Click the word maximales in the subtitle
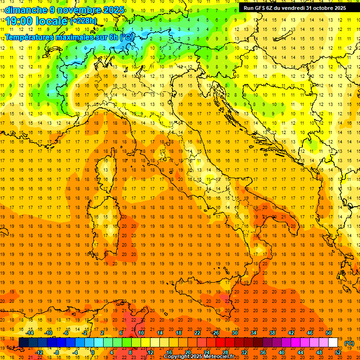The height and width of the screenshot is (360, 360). coord(72,37)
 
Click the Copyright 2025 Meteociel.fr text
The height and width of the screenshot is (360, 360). coord(199,357)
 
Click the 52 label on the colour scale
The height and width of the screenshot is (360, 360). coord(338,352)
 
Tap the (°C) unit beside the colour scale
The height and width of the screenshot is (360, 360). coord(349,343)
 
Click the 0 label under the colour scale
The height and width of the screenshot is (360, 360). coord(92,352)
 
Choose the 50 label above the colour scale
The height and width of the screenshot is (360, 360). coord(329,333)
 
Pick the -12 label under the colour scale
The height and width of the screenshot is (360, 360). coord(39,352)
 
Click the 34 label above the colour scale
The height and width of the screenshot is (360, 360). coord(254,333)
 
